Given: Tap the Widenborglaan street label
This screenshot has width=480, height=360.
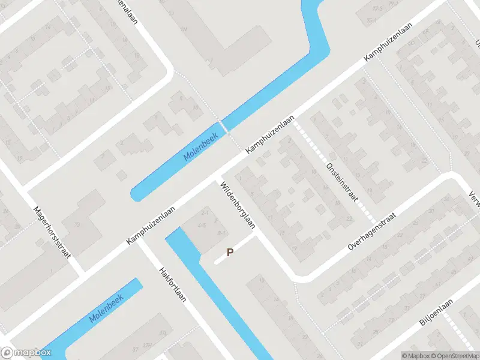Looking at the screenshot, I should [238, 205].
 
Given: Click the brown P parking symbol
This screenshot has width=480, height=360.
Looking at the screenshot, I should [229, 253].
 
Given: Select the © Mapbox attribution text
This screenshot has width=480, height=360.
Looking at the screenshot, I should [416, 356].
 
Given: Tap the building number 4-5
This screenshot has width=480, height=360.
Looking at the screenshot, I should [202, 225].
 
